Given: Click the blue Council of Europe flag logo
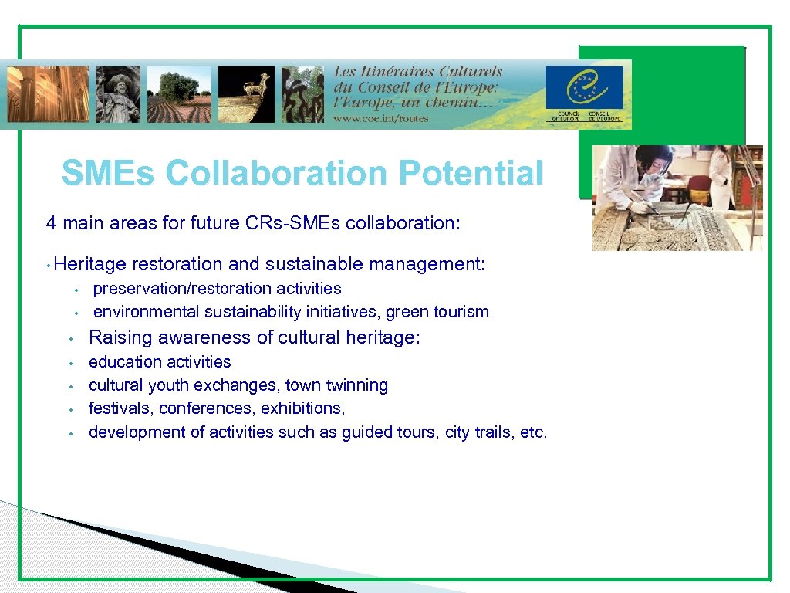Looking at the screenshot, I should [x=584, y=88].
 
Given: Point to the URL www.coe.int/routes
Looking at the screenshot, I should [x=380, y=119].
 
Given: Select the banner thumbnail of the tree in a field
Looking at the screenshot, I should [x=179, y=94].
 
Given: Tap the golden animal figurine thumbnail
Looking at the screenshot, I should [x=246, y=94].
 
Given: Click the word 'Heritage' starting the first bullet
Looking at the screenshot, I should [x=91, y=264].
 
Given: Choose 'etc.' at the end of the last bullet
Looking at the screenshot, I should [x=534, y=432].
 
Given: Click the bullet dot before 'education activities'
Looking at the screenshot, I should [x=69, y=362].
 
